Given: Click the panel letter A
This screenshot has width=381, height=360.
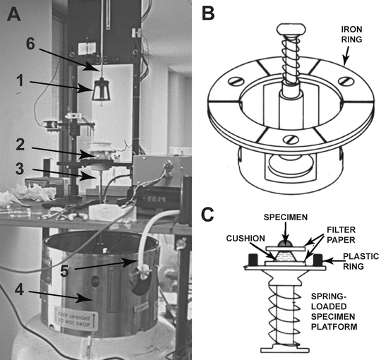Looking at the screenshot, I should point(13,15).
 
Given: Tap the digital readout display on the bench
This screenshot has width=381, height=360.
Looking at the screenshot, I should point(150,200).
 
